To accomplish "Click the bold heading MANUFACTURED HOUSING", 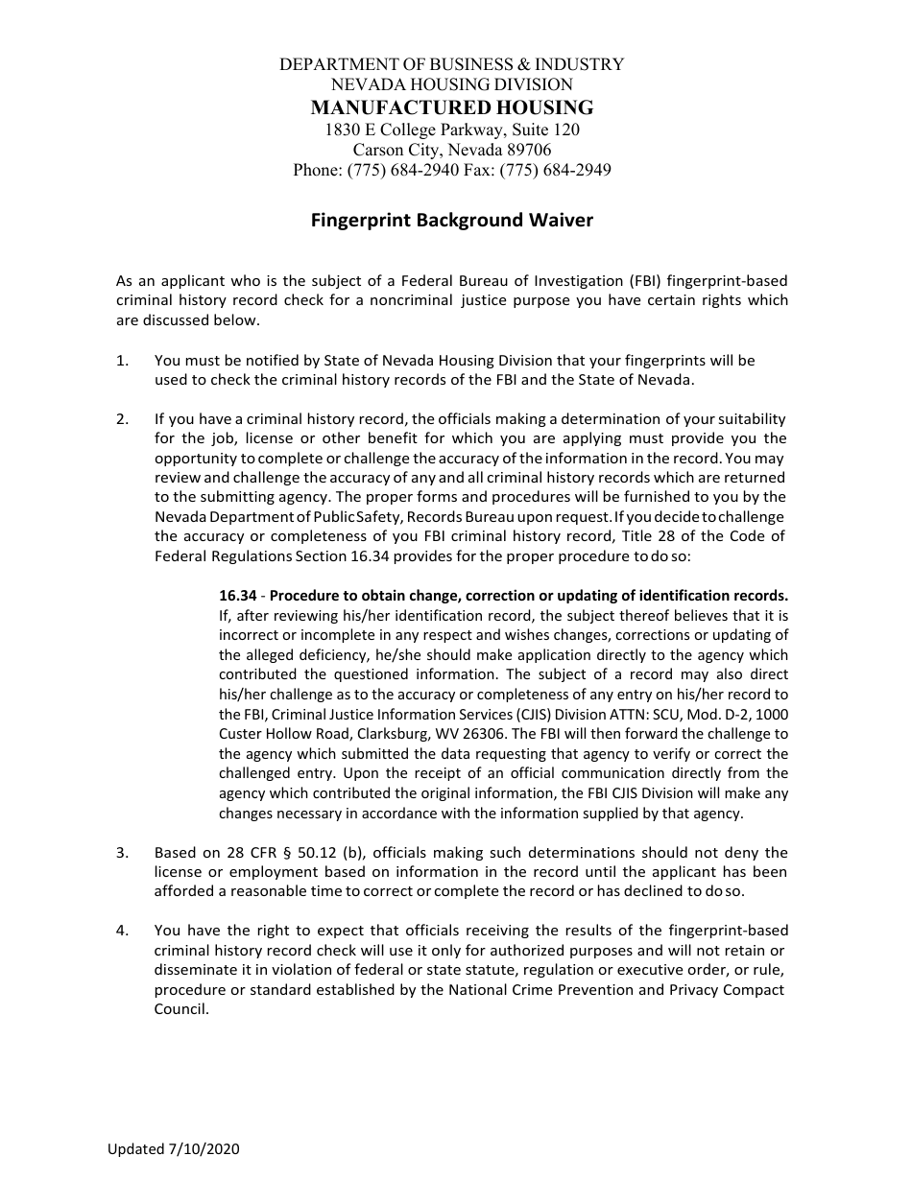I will (x=451, y=107).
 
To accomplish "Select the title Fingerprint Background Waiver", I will (x=451, y=221).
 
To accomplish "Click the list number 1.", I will (x=121, y=361).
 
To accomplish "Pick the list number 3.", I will (x=122, y=852).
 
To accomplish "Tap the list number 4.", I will (x=122, y=931).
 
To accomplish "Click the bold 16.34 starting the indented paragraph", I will (x=237, y=595).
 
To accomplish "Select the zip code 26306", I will (x=471, y=734).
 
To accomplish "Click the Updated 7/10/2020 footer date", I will (x=174, y=1149).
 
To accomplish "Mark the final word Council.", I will (x=180, y=1009).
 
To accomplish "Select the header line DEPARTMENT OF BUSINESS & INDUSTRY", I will (x=451, y=64).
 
